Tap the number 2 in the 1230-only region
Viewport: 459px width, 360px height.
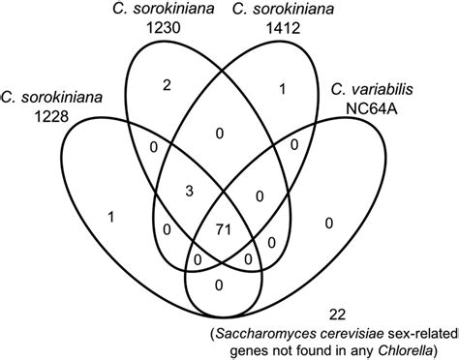coord(167,85)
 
